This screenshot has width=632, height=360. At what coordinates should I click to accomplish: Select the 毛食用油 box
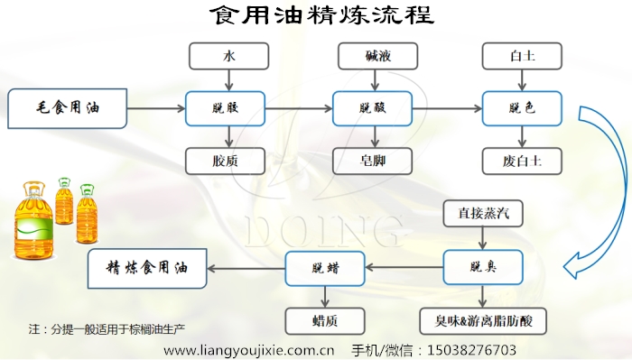point(68,109)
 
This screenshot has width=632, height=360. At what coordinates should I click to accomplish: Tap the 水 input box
point(228,57)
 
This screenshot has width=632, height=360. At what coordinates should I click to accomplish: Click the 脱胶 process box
point(225,109)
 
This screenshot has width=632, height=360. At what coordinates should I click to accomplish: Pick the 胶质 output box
point(226,162)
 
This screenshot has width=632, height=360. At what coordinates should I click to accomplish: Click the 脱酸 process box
point(373,109)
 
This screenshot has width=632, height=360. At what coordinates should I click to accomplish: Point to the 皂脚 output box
point(373,162)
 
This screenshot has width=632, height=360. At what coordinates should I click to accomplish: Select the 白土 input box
point(522,57)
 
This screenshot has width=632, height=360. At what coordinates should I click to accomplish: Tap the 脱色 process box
point(522,109)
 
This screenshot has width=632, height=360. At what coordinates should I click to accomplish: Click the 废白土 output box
point(522,162)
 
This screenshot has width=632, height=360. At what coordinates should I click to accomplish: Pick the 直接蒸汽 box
point(483,214)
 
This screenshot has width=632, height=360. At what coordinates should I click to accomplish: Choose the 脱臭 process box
point(483,268)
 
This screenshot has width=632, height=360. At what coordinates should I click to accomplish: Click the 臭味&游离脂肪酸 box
point(483,320)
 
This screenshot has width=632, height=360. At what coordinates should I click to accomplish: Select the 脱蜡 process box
point(325,268)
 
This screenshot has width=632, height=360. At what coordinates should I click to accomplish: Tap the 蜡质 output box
point(325,320)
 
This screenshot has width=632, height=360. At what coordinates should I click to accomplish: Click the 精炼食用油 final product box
point(145,268)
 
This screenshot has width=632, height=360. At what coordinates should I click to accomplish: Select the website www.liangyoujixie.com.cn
point(248,349)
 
